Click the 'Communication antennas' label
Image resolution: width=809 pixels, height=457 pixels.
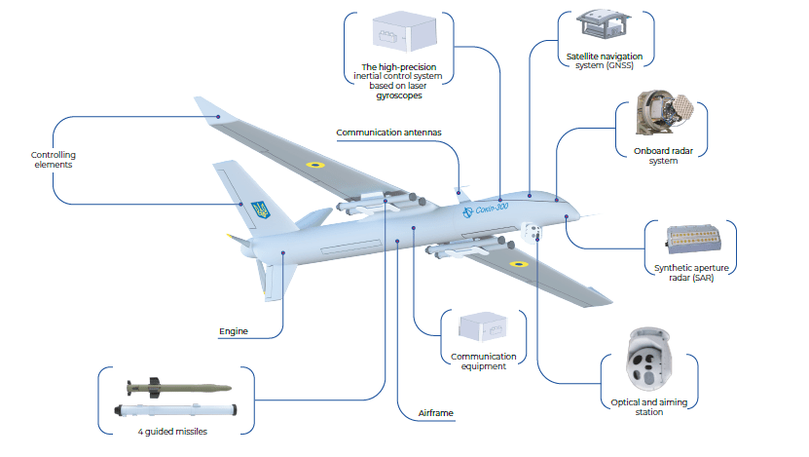388,132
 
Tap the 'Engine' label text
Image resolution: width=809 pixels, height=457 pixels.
233,331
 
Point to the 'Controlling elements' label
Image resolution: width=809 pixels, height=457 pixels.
53,160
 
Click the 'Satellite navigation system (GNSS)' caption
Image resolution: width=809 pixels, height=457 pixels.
607,61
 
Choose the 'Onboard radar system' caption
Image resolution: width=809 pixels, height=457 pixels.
648,156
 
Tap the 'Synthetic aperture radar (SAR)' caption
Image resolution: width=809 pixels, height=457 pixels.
691,273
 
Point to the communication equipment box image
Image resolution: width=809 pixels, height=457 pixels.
482,329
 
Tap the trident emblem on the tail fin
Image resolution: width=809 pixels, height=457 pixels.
260,209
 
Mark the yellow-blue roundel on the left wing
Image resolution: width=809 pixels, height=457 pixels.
315,165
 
